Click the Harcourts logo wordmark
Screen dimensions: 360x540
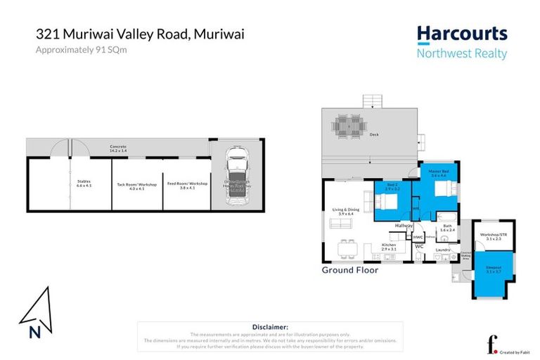point(461,34)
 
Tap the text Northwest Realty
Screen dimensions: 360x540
point(461,53)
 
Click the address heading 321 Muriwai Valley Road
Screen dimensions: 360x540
point(140,33)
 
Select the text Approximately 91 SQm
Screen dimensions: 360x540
point(77,50)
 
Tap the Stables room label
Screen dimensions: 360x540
point(84,184)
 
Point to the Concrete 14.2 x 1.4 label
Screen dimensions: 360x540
point(118,148)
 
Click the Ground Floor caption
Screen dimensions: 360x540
point(349,270)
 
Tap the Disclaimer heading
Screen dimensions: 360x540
point(269,327)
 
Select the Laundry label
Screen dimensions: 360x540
point(442,249)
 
